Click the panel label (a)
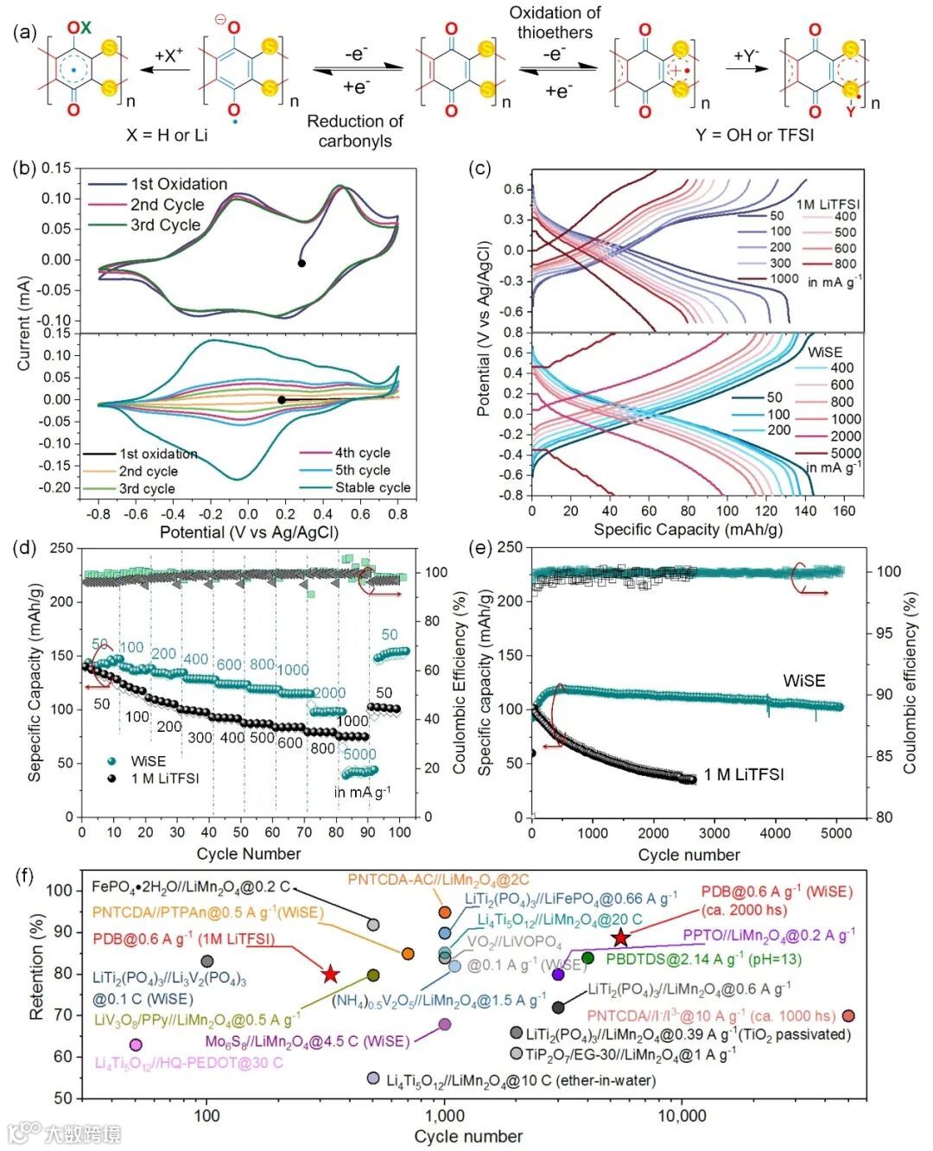click(x=25, y=32)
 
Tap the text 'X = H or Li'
click(x=166, y=135)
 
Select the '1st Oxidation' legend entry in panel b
click(x=179, y=184)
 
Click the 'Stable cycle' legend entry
click(x=372, y=487)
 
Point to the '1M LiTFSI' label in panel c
click(x=828, y=205)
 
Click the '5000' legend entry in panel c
click(x=845, y=453)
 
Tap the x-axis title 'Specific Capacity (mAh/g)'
click(x=688, y=529)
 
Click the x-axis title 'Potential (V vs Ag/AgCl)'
click(x=249, y=532)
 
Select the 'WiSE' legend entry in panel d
click(x=148, y=761)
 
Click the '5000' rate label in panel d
click(x=359, y=754)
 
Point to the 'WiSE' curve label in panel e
click(x=803, y=681)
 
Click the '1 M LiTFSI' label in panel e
click(x=744, y=774)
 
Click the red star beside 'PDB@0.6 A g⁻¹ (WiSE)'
click(x=620, y=938)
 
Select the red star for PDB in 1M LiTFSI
click(x=330, y=975)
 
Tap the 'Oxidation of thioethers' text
click(x=555, y=23)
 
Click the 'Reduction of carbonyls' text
click(x=355, y=131)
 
